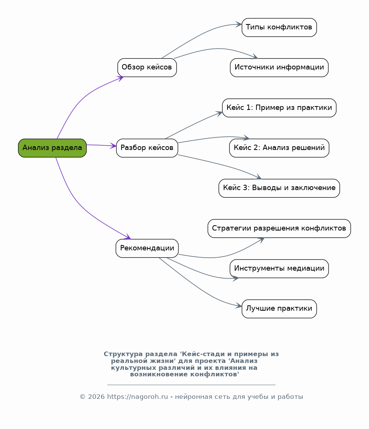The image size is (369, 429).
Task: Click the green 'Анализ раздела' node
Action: click(x=52, y=148)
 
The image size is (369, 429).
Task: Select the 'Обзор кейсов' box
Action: click(x=147, y=68)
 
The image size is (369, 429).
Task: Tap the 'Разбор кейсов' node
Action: click(x=147, y=148)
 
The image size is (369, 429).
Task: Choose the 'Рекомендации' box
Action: click(x=147, y=248)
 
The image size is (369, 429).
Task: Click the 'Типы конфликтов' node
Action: click(x=279, y=27)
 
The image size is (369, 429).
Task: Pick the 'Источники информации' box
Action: click(x=279, y=68)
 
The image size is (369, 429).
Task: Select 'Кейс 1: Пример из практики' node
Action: click(x=279, y=108)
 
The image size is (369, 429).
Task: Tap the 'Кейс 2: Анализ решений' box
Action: click(x=279, y=148)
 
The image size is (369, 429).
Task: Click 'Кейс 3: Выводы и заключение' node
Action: click(x=279, y=188)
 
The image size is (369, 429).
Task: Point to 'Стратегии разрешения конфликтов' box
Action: click(x=279, y=229)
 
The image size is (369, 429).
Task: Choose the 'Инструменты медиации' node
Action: click(x=279, y=269)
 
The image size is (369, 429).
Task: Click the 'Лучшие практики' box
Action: click(x=279, y=309)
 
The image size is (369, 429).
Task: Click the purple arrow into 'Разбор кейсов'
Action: click(x=101, y=145)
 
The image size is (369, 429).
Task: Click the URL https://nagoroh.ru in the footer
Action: click(x=137, y=397)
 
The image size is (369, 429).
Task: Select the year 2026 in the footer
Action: click(x=96, y=397)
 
